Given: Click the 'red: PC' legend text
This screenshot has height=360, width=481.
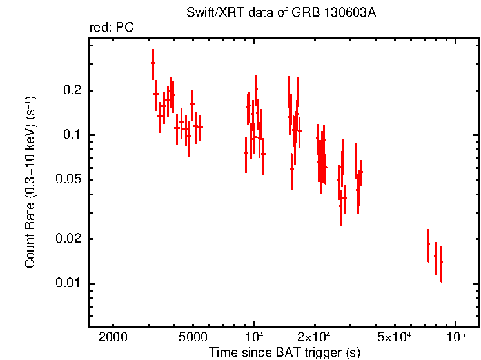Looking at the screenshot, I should click(111, 28).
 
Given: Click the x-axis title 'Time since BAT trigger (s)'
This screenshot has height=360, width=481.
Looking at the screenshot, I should click(284, 352).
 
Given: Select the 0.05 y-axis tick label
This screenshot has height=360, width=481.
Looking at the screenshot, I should click(72, 179).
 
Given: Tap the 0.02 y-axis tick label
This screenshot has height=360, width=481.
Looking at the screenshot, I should click(72, 239).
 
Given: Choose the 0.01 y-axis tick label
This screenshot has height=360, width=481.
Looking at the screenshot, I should click(72, 283).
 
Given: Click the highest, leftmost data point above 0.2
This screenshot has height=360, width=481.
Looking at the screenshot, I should click(153, 63).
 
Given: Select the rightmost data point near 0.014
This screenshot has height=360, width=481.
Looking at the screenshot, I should click(441, 262).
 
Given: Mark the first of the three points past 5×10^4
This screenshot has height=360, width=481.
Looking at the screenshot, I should click(428, 243).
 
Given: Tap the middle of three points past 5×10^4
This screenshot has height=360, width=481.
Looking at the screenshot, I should click(435, 256).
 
